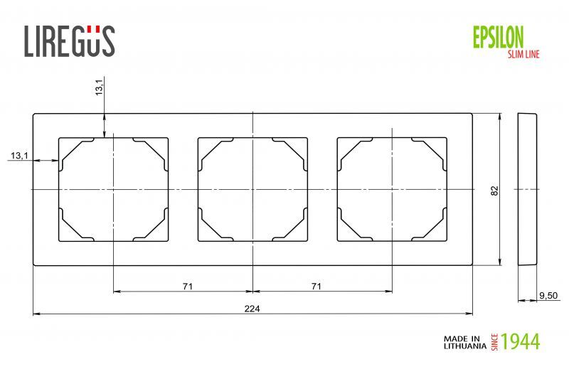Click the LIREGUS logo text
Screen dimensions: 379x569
pos(69,41)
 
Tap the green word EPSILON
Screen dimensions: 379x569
pos(498,36)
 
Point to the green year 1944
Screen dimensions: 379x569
pos(521,341)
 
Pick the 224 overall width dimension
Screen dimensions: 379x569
pos(252,308)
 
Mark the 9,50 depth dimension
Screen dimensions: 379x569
pos(548,294)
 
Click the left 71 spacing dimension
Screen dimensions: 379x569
pos(187,286)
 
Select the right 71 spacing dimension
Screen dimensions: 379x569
pos(317,286)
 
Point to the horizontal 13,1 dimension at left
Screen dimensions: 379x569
pos(18,156)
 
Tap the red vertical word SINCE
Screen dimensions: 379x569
pos(494,341)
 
